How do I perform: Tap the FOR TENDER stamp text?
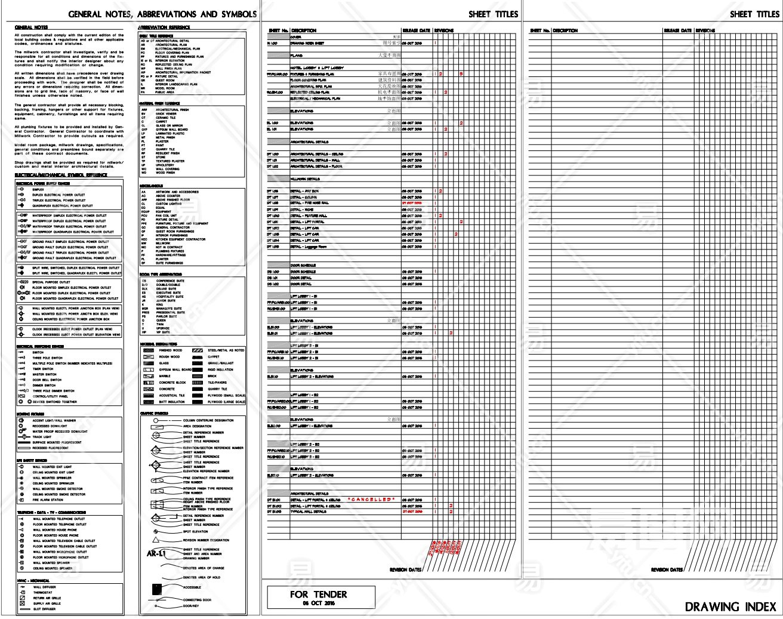tap(318, 595)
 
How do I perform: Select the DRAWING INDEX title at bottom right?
tap(730, 607)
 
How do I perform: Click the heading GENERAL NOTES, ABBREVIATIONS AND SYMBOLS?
tap(162, 14)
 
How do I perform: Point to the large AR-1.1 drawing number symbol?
tap(157, 554)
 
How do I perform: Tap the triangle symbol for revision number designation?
tap(155, 540)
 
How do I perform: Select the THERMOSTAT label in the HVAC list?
tap(42, 593)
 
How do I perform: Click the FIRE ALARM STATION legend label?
tap(48, 500)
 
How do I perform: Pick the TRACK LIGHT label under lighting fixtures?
tap(42, 437)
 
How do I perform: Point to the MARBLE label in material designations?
tap(164, 376)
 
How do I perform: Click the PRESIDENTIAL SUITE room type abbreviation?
tap(171, 313)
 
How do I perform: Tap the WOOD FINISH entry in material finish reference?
tap(165, 173)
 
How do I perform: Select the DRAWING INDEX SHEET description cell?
tap(307, 44)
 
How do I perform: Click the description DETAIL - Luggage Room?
tap(308, 247)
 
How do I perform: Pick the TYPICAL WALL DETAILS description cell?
tap(308, 512)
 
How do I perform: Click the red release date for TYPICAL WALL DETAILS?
tap(412, 512)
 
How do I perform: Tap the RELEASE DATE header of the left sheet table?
tap(416, 30)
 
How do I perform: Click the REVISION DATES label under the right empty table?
tap(667, 570)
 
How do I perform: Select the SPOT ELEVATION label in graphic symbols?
tap(195, 531)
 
